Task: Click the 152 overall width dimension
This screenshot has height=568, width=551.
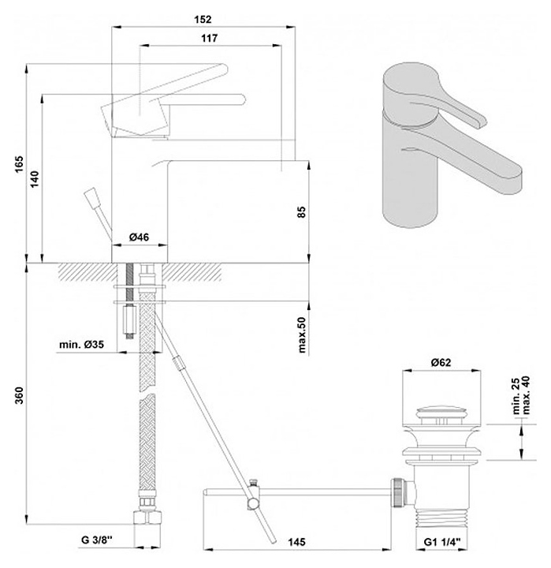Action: click(x=203, y=19)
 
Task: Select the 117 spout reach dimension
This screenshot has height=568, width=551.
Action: click(x=210, y=38)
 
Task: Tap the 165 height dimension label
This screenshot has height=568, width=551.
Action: click(x=19, y=164)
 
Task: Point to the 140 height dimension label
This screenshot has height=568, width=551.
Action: click(x=35, y=179)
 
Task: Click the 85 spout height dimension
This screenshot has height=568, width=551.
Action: click(x=302, y=211)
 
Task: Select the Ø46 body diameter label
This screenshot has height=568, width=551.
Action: click(x=139, y=237)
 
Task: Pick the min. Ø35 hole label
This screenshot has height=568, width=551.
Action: click(x=81, y=344)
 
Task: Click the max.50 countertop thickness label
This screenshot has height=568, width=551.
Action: click(x=302, y=334)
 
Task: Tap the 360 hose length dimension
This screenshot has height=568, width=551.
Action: click(x=19, y=395)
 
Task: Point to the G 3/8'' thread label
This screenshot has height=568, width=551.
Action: click(x=97, y=540)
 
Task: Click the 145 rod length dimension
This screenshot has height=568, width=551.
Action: click(x=296, y=542)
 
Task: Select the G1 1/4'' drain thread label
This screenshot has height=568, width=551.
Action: click(x=441, y=542)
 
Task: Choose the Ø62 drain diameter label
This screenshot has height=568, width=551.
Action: click(x=441, y=362)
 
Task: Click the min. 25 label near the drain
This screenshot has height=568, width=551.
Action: click(x=516, y=396)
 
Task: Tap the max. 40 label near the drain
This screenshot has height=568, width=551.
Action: click(x=526, y=395)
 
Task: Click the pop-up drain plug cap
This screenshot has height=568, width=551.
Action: click(x=441, y=413)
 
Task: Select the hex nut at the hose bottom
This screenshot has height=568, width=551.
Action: click(x=147, y=517)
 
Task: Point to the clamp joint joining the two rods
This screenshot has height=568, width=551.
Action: click(x=253, y=495)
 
